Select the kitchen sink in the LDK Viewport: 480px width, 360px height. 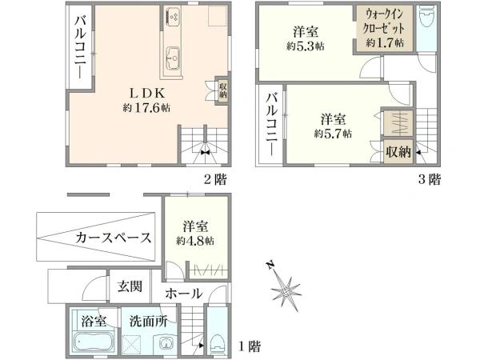point(174,56)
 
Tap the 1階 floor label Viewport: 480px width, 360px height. point(249,346)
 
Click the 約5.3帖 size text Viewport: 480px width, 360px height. point(307,47)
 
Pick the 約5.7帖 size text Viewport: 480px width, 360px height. point(333,134)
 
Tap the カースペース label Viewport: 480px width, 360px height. point(115,238)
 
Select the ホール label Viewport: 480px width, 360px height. point(183,294)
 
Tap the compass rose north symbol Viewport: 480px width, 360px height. point(287,286)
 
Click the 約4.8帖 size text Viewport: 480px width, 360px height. point(194,240)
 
